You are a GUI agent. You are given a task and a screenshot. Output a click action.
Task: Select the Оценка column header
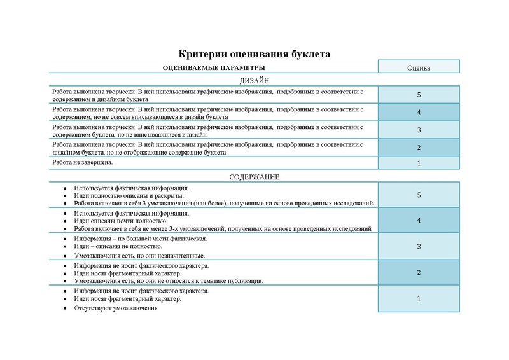coord(419,67)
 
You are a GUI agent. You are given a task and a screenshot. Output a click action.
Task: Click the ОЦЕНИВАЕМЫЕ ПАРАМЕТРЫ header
coord(214,67)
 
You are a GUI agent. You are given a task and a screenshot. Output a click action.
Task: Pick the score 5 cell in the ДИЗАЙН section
coord(419,95)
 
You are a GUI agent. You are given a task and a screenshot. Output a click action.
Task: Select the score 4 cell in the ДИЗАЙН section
coord(419,113)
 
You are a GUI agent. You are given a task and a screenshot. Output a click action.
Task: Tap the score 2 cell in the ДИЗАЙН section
coord(419,148)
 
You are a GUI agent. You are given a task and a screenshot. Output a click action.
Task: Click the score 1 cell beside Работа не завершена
coord(419,163)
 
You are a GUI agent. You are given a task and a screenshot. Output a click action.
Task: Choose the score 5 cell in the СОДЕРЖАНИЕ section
coord(419,195)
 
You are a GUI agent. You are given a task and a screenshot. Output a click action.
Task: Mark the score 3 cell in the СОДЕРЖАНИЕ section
coord(419,246)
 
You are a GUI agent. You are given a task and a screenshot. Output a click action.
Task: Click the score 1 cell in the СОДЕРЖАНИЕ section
coord(419,298)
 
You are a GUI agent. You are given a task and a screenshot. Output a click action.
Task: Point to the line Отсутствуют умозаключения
coord(115,308)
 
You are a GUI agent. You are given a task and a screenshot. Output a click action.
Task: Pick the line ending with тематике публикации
coord(169,280)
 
